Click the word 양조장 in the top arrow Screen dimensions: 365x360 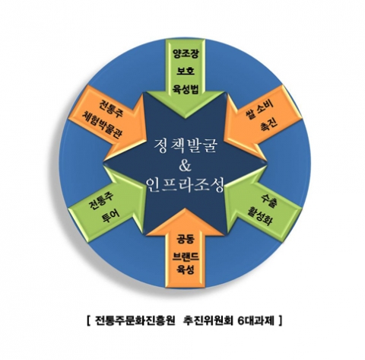pyautogui.click(x=186, y=55)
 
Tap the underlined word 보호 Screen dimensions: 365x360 pyautogui.click(x=186, y=71)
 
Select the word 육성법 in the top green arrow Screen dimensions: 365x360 pyautogui.click(x=186, y=89)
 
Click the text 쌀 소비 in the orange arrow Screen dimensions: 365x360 pyautogui.click(x=259, y=110)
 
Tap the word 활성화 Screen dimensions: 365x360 pyautogui.click(x=260, y=216)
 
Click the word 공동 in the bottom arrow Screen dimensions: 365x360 pyautogui.click(x=186, y=239)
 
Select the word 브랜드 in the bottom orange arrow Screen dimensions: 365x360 pyautogui.click(x=186, y=256)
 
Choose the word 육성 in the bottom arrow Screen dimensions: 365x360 pyautogui.click(x=186, y=269)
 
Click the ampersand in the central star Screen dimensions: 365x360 pyautogui.click(x=185, y=165)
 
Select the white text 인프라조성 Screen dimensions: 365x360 pyautogui.click(x=186, y=185)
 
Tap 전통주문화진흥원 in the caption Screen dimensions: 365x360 pyautogui.click(x=135, y=321)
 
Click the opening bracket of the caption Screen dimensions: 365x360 pyautogui.click(x=88, y=321)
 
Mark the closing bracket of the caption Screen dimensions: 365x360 pyautogui.click(x=280, y=321)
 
